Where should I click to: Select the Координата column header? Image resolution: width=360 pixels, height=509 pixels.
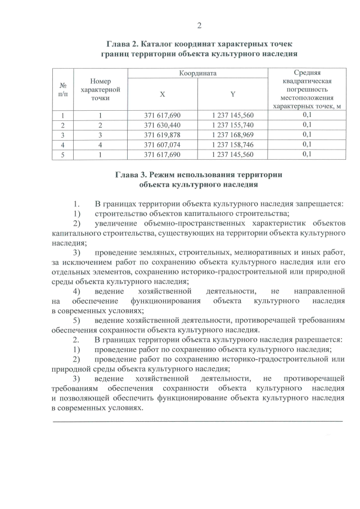click(197, 74)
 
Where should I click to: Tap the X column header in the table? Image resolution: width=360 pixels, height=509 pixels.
click(163, 94)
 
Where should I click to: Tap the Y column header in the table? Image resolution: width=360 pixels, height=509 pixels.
click(233, 94)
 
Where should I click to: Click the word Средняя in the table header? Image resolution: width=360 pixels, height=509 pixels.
click(307, 73)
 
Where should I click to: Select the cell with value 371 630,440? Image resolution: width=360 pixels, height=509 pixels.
click(163, 125)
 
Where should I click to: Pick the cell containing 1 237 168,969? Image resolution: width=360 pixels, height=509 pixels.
click(233, 135)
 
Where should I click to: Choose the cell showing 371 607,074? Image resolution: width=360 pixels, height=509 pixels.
click(163, 145)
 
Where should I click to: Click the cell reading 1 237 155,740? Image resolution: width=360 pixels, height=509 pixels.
click(233, 125)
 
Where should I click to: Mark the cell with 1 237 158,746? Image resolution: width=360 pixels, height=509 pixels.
click(233, 145)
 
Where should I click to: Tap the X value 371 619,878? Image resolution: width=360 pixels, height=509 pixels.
click(163, 135)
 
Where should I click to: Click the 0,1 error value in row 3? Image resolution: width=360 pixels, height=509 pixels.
click(307, 135)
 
